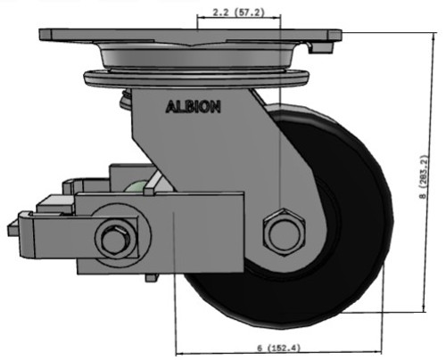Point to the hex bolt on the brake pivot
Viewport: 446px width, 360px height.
pyautogui.click(x=116, y=238)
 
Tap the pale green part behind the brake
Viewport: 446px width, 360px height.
pyautogui.click(x=138, y=188)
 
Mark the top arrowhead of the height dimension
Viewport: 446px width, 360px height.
pyautogui.click(x=419, y=37)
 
